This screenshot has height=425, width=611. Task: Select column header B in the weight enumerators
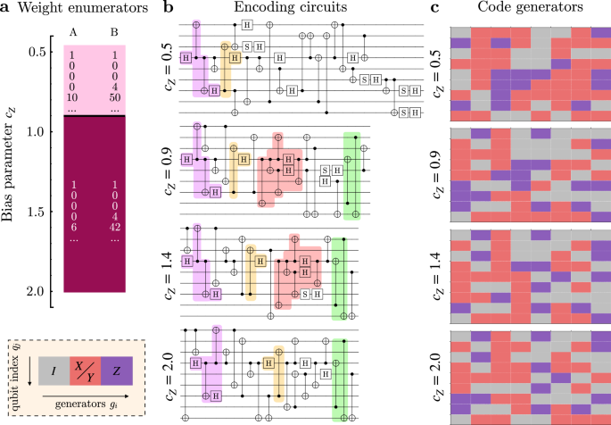[x=112, y=37]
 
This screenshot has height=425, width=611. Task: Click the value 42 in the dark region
[x=113, y=227]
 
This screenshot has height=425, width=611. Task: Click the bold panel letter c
[x=434, y=10]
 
